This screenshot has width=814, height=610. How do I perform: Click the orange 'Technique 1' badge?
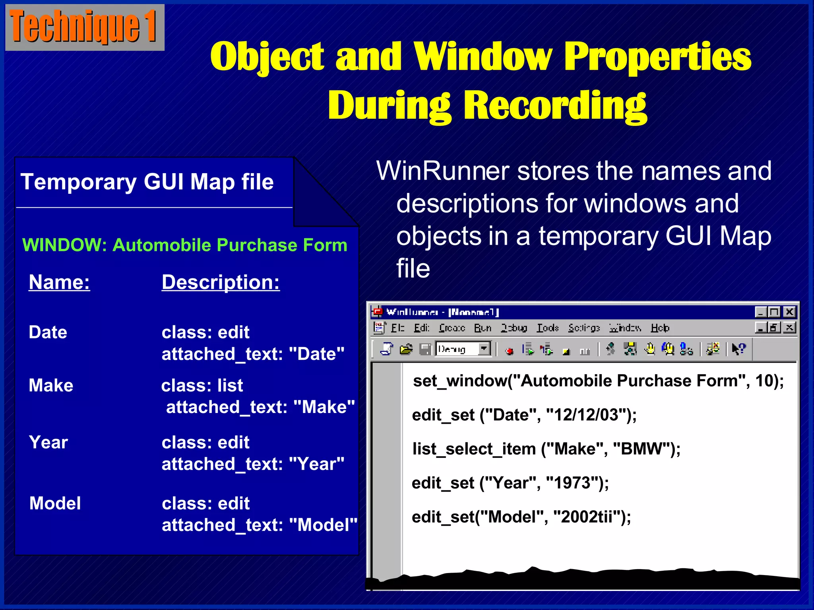pos(84,27)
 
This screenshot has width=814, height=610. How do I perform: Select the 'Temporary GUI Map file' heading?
pos(147,182)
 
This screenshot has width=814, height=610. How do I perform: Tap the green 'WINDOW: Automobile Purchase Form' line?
pos(185,245)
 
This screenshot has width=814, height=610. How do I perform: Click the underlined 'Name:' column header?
pos(59,282)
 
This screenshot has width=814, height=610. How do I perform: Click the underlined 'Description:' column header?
pos(221,282)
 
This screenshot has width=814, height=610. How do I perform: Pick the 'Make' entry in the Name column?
pos(51,385)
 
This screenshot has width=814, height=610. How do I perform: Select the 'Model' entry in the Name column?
pos(55,503)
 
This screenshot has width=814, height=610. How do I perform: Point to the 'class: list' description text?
pos(202,385)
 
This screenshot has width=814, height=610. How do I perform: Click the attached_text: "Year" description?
pos(253,464)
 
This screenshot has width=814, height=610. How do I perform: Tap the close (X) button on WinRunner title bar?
pos(789,312)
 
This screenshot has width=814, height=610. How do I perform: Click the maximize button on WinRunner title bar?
pos(774,312)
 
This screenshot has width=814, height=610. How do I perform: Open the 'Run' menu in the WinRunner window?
pos(483,328)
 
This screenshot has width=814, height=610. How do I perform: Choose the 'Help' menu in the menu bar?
pos(660,328)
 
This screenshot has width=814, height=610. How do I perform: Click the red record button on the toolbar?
pos(510,351)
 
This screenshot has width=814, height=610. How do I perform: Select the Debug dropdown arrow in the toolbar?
pos(484,349)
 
